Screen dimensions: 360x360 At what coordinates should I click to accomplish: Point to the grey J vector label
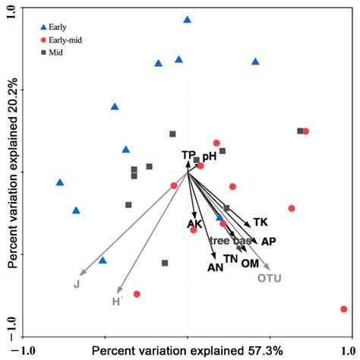point(76,284)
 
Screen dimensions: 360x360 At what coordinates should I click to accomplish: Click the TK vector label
point(261,223)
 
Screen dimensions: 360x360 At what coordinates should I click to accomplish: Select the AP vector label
point(268,241)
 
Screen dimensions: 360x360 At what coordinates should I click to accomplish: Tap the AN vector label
point(215,267)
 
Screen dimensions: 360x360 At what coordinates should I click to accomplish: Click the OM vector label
point(250,263)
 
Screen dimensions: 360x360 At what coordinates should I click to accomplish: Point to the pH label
point(209,156)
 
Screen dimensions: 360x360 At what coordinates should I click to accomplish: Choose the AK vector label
point(194,223)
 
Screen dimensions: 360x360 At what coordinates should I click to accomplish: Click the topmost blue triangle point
point(188,19)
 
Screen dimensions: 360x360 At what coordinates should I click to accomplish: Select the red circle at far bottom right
point(344,309)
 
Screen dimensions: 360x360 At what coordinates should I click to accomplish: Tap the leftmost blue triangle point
point(59,182)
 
